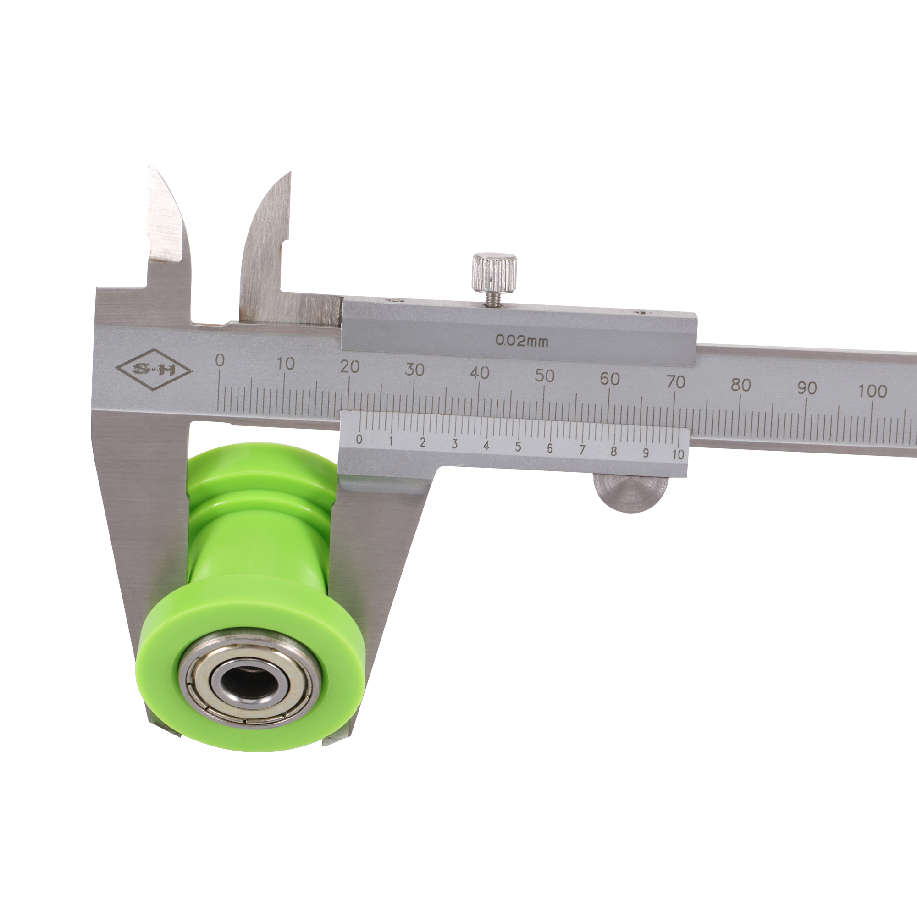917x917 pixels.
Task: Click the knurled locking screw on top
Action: click(x=494, y=273)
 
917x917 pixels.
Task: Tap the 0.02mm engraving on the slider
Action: click(x=522, y=340)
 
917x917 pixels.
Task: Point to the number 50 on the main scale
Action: click(x=544, y=376)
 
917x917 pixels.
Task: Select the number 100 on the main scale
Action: click(x=872, y=391)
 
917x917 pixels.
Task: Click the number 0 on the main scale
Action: click(x=219, y=361)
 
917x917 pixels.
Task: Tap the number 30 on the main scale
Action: click(x=414, y=370)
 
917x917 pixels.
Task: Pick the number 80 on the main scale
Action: click(x=740, y=385)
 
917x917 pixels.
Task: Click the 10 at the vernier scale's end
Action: click(x=678, y=454)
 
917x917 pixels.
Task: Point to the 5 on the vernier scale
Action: click(x=518, y=447)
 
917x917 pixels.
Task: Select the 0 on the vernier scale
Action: click(x=359, y=439)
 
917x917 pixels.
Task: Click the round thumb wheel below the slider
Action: click(x=631, y=494)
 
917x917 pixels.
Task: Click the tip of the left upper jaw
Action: click(x=151, y=168)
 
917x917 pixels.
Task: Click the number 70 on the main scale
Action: click(x=675, y=382)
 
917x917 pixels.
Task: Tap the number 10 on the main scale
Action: click(x=285, y=364)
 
